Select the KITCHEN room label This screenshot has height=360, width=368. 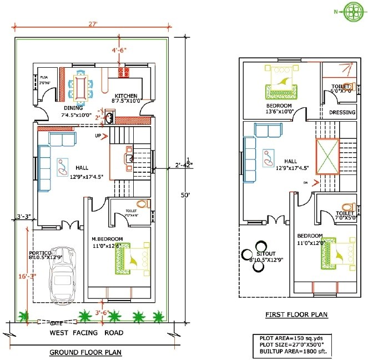(126, 95)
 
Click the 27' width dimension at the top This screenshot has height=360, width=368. (92, 23)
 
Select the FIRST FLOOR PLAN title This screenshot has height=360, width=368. (296, 315)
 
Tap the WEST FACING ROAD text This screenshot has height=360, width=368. (87, 333)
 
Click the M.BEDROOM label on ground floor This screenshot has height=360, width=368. (107, 239)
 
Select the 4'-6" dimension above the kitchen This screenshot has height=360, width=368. (119, 50)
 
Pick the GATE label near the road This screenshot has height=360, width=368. (56, 322)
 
